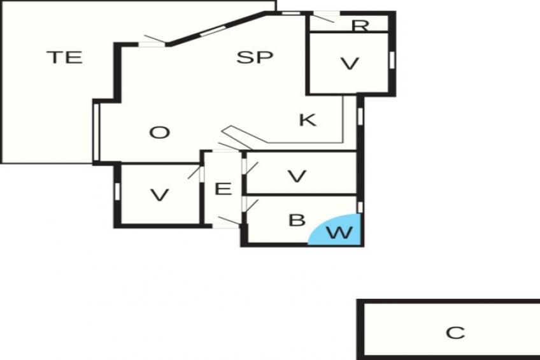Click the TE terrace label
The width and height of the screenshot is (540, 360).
tap(64, 57)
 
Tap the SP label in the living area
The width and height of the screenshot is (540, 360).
tap(255, 57)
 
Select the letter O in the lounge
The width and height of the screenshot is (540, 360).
tap(160, 133)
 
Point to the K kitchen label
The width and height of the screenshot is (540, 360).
tap(308, 120)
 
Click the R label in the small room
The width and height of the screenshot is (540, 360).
tap(360, 25)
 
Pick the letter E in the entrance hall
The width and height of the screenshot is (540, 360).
tap(223, 189)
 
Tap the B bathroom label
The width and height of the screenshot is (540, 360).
tap(297, 220)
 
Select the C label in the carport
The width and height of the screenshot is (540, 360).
tap(455, 333)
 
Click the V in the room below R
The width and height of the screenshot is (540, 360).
tap(350, 64)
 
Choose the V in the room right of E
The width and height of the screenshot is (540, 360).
tap(297, 176)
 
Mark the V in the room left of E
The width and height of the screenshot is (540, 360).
tap(160, 196)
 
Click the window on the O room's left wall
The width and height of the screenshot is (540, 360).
tap(96, 132)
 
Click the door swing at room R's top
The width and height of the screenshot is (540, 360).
tap(324, 17)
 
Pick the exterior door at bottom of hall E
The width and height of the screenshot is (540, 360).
tap(229, 222)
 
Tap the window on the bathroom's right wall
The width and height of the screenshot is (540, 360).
tap(360, 207)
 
